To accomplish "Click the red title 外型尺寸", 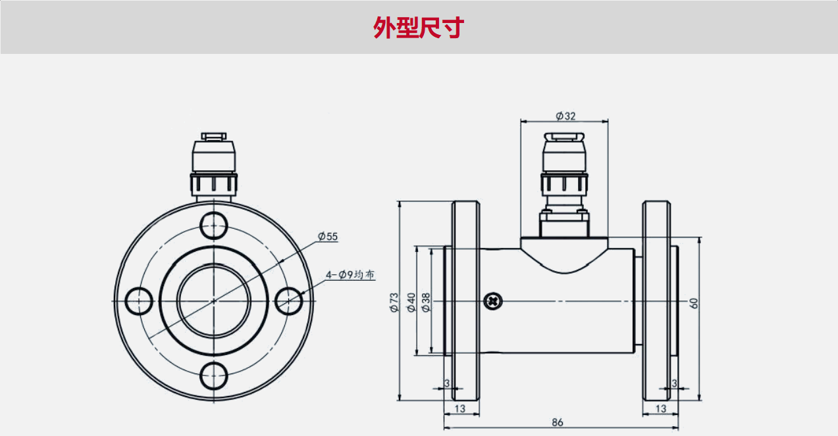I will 419,28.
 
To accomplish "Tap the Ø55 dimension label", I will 327,236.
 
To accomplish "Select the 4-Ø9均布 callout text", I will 350,275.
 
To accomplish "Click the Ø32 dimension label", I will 565,116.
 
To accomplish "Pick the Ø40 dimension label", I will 411,302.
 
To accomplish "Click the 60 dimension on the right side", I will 693,303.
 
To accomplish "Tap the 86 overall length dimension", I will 558,422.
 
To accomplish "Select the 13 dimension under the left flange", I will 459,408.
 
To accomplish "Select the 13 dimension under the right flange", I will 661,408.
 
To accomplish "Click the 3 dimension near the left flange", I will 447,383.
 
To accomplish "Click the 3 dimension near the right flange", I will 674,383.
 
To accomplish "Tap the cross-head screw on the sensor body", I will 492,301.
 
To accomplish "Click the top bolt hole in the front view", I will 214,225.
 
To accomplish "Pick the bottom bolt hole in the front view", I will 214,376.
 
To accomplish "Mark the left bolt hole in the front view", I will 138,301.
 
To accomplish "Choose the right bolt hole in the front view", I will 290,301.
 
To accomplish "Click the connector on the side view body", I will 564,178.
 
